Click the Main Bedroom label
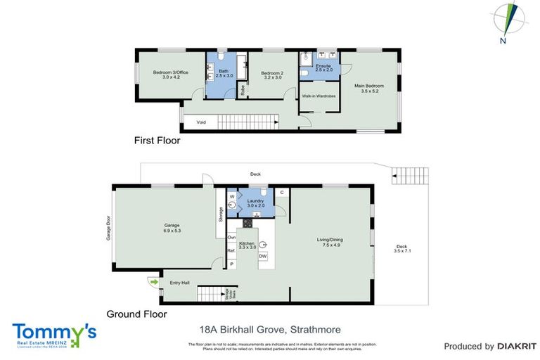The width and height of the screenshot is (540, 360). point(368,87)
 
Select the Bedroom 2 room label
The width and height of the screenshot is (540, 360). point(271,75)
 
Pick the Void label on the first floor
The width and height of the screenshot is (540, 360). point(201,122)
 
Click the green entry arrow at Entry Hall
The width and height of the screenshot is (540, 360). point(154,283)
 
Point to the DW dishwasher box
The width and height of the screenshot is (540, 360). point(263,256)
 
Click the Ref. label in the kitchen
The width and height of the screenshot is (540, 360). point(231,250)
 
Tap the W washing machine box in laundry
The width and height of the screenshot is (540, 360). point(231,196)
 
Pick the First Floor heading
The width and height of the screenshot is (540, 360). point(157,141)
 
